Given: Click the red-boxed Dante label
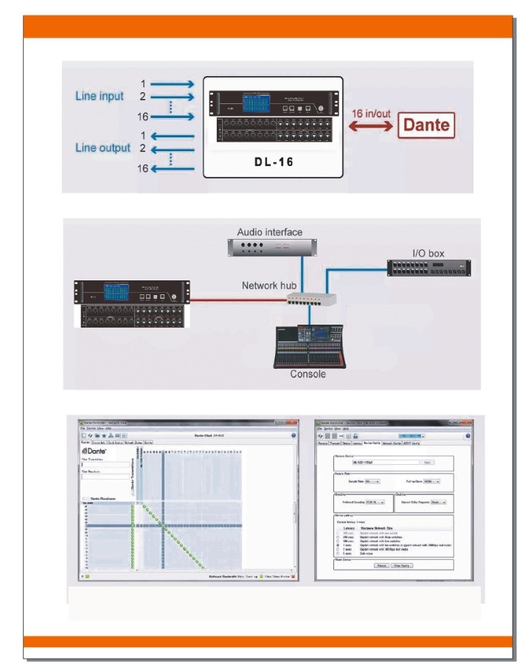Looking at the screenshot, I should tap(425, 125).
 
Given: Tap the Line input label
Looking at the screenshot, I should tap(99, 97).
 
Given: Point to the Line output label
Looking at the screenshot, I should tap(103, 148).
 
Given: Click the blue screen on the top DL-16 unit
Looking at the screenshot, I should tap(260, 104).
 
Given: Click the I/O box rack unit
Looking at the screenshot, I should tap(429, 269).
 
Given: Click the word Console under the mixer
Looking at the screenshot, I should tap(308, 374).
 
